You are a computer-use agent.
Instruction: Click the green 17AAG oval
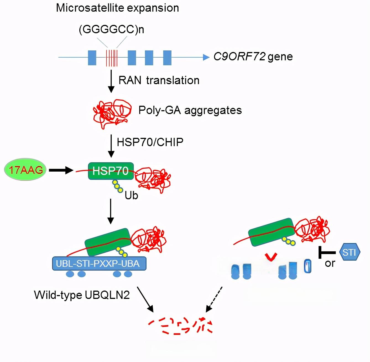tap(25, 169)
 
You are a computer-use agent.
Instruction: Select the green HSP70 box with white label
tap(111, 171)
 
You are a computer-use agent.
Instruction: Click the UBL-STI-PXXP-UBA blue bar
tap(99, 263)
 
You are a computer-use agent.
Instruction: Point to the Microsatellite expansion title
tap(117, 8)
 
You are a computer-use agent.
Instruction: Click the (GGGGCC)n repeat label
tap(111, 29)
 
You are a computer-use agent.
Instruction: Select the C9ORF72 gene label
tap(253, 56)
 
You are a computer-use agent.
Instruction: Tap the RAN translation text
tap(159, 80)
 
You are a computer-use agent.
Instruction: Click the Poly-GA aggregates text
tap(190, 110)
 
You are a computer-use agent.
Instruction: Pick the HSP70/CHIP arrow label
tap(150, 142)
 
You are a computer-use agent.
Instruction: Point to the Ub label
tap(131, 195)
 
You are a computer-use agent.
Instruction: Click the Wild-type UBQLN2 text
tap(82, 295)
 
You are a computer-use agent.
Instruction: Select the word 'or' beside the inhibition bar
tap(330, 263)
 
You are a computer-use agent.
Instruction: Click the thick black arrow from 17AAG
tap(61, 170)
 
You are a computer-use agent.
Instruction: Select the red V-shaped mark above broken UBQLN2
tap(270, 257)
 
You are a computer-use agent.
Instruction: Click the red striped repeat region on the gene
tap(112, 58)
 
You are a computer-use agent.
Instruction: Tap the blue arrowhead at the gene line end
tap(206, 57)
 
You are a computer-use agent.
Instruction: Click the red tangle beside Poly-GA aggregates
tap(112, 113)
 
